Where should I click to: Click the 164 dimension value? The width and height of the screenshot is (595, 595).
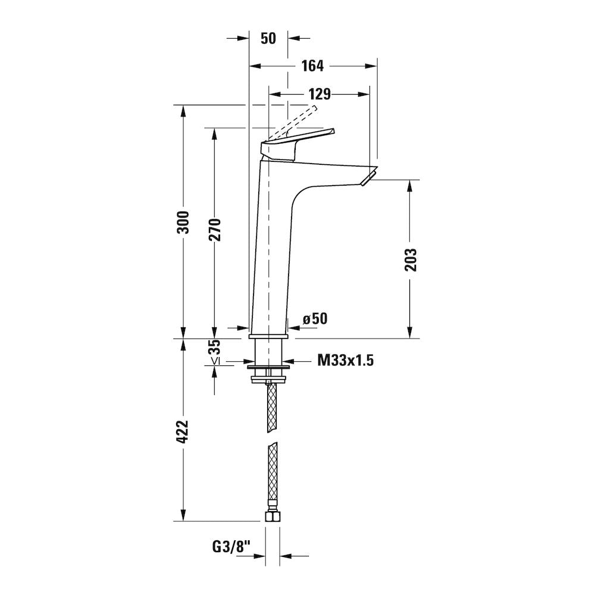(312, 66)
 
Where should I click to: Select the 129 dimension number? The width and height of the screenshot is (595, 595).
(320, 94)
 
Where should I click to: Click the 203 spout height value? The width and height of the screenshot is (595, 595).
(410, 259)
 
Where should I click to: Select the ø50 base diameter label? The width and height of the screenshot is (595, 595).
(315, 319)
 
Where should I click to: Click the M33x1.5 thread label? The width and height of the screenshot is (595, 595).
(345, 360)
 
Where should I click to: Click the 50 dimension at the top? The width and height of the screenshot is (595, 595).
(268, 38)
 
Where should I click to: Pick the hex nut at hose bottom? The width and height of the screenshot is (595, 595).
(272, 516)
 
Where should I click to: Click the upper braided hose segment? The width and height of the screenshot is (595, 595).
(272, 407)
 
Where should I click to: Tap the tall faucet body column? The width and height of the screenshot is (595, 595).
(271, 250)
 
